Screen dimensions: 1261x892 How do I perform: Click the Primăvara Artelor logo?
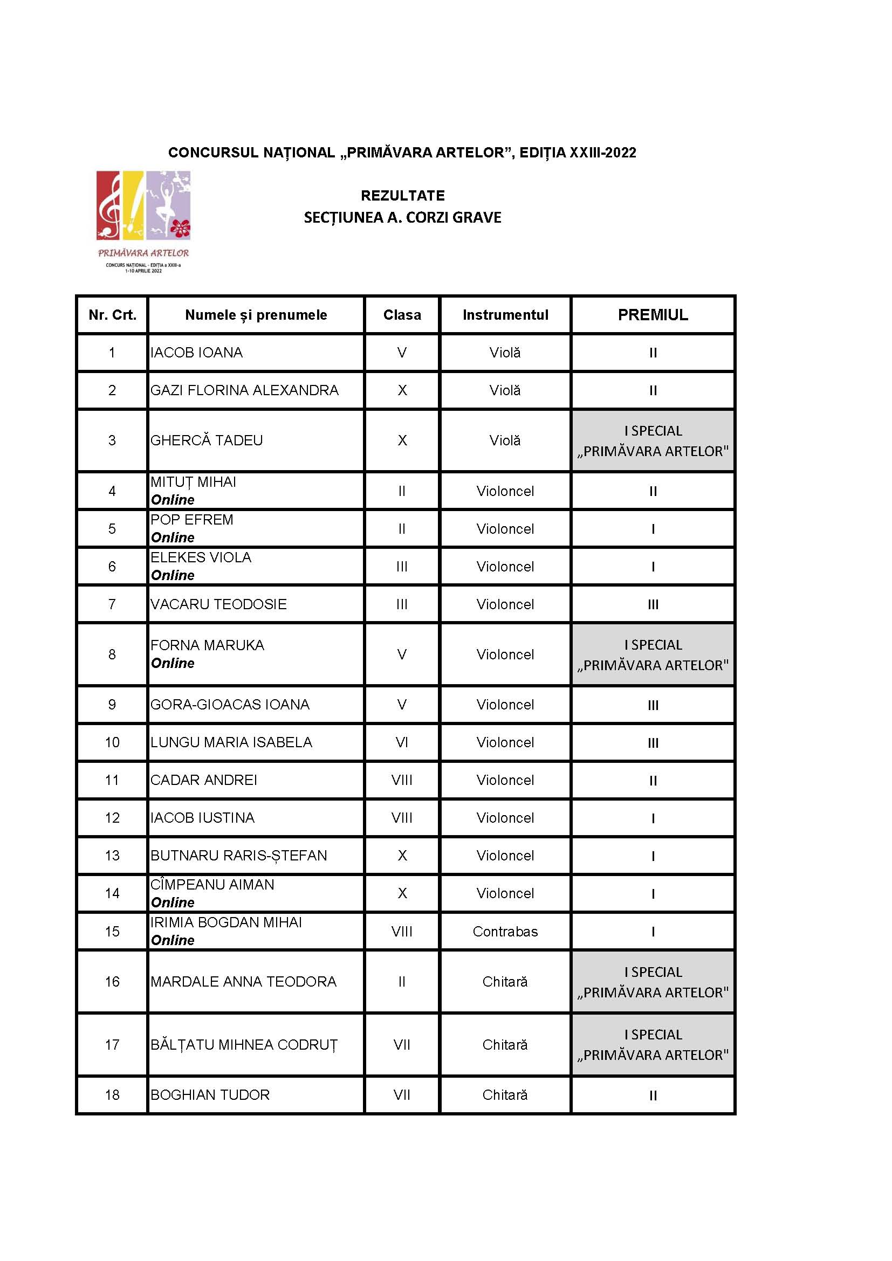(x=143, y=221)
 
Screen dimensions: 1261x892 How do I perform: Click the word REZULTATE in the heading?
(x=403, y=196)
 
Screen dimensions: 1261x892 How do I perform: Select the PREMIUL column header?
(x=653, y=315)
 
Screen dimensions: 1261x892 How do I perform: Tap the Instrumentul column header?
(x=505, y=315)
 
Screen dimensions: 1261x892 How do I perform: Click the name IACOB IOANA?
(x=197, y=353)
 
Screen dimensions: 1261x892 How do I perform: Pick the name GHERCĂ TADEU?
(x=207, y=440)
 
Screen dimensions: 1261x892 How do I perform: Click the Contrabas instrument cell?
(x=505, y=932)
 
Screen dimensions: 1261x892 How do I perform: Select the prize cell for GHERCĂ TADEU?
(x=653, y=440)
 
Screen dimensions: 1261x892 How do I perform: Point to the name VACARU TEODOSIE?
(x=218, y=604)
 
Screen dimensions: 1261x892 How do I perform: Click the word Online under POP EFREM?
(x=173, y=538)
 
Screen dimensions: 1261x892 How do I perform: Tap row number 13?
(x=112, y=856)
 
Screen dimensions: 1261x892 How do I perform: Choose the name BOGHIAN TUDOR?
(x=210, y=1095)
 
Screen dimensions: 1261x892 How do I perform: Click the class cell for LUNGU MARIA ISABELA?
(x=402, y=742)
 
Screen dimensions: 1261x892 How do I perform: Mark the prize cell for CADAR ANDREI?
(x=653, y=781)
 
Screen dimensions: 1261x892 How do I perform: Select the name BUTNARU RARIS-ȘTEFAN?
(x=238, y=856)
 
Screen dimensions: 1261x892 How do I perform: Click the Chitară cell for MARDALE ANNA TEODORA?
(x=505, y=981)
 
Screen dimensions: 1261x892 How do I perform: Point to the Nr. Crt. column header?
(x=112, y=315)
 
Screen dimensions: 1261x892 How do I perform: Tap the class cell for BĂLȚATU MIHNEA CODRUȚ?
(x=402, y=1045)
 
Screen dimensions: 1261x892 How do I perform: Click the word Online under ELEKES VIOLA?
(x=173, y=576)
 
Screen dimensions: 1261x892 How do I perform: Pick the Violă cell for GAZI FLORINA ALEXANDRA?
(x=505, y=390)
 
